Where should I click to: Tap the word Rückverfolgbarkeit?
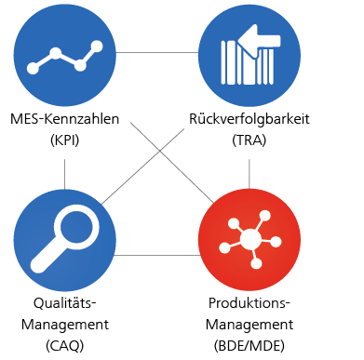point(249,120)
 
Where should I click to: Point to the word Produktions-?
point(249,304)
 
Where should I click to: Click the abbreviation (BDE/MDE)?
point(249,345)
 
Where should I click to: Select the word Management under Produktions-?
point(249,325)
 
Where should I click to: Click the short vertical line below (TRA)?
point(249,169)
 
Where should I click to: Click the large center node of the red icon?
point(249,240)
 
